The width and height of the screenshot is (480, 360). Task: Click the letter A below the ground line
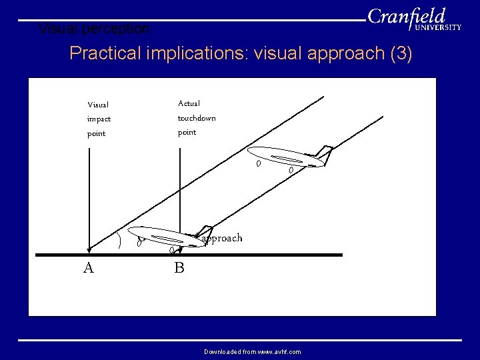click(88, 268)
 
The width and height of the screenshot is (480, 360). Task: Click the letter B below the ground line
click(179, 268)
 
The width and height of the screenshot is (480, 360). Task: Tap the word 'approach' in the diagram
click(222, 238)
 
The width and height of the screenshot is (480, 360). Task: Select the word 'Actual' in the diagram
click(189, 103)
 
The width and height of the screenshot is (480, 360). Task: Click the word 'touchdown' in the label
click(196, 118)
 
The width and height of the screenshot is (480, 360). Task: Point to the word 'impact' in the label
click(99, 119)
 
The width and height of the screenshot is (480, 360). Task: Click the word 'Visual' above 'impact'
click(98, 105)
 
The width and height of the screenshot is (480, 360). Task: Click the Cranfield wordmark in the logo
click(406, 16)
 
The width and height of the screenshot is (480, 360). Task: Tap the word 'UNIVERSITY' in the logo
click(438, 28)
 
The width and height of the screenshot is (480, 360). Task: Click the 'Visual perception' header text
click(94, 29)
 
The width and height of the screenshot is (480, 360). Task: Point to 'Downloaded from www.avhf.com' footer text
click(252, 351)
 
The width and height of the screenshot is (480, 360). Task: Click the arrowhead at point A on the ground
click(89, 249)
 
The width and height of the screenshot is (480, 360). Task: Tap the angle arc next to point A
click(119, 239)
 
